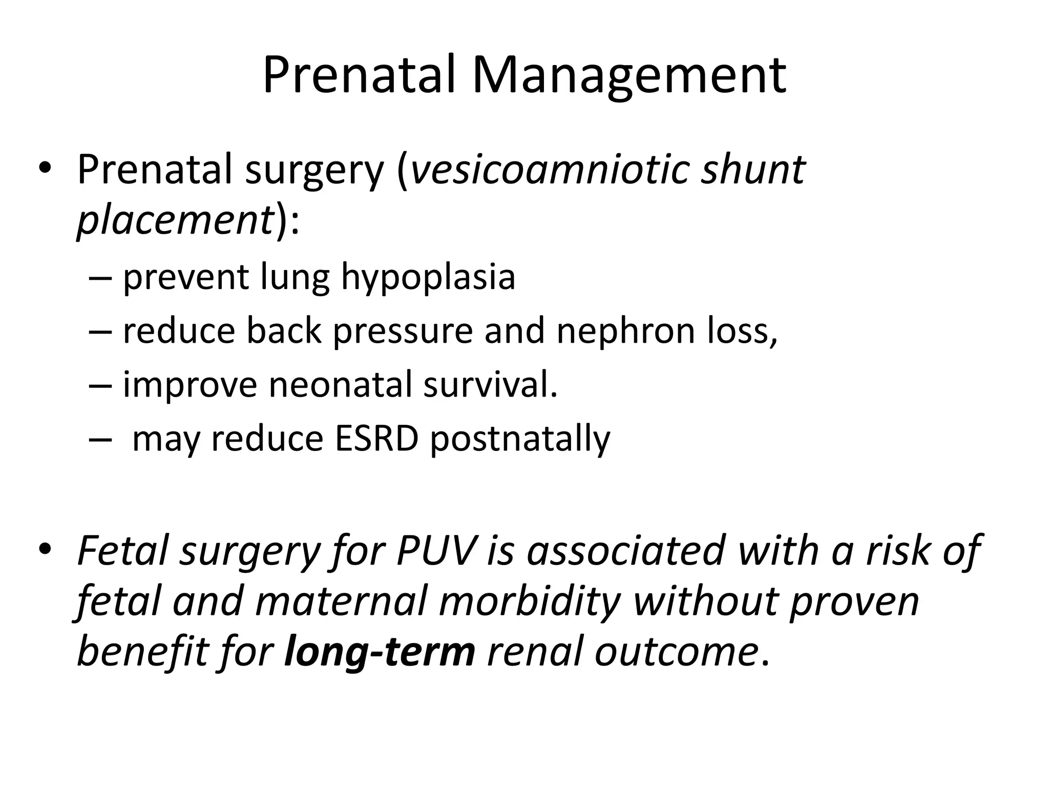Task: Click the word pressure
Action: [403, 331]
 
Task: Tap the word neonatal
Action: [340, 385]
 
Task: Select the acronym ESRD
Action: [376, 439]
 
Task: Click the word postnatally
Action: [520, 440]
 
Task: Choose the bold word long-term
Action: [380, 652]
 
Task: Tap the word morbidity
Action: [530, 600]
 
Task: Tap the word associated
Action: [626, 550]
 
